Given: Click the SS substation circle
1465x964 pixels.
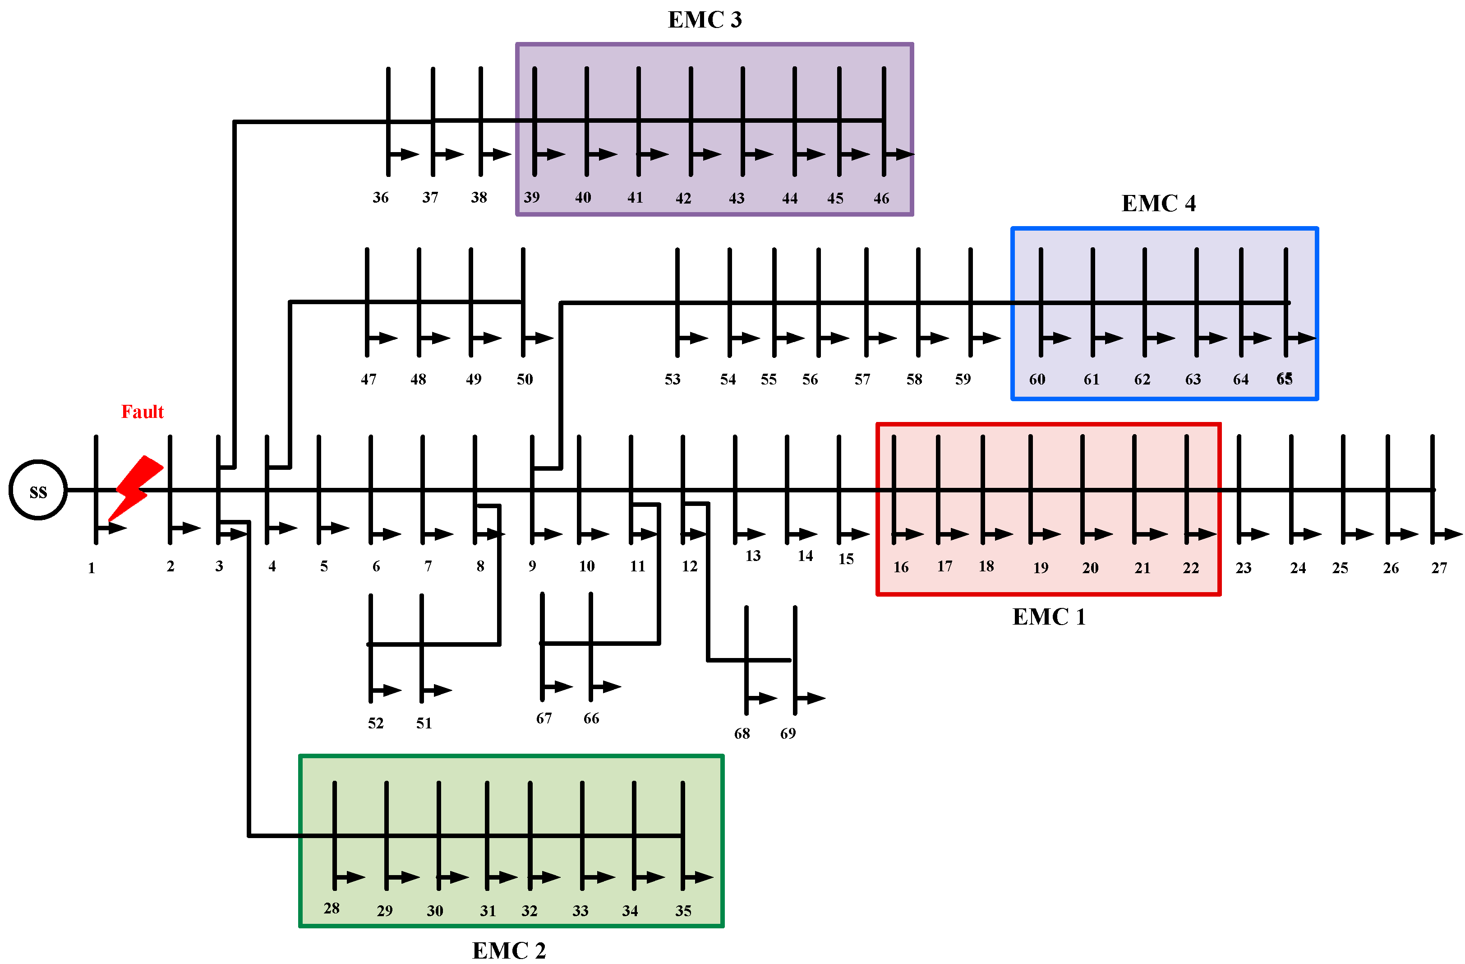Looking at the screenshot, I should click(38, 490).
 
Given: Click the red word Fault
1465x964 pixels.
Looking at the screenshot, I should click(142, 412).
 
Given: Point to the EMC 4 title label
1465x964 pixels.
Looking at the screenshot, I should click(1158, 203).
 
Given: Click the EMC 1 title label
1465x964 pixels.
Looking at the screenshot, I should click(1048, 616).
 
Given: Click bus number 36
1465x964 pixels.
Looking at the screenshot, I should click(380, 198).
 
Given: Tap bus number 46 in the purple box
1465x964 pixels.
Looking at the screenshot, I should click(881, 198).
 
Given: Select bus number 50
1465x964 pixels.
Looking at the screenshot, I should click(525, 380).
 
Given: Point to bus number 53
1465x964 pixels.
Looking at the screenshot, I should click(672, 380).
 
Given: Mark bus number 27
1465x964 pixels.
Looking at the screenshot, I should click(1438, 568).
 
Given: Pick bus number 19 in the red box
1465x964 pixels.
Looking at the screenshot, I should click(1040, 568).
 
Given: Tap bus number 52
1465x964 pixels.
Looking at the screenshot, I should click(375, 723).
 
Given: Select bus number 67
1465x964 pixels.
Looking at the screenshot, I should click(544, 718).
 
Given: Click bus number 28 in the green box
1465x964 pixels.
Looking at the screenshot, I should click(331, 908).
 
